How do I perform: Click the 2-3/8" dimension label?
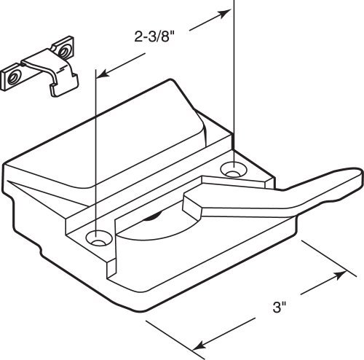pyautogui.click(x=154, y=37)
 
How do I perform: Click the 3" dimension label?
pyautogui.click(x=280, y=307)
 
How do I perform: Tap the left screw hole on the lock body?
pyautogui.click(x=99, y=238)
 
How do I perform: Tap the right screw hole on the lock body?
pyautogui.click(x=234, y=169)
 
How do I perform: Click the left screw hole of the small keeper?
pyautogui.click(x=12, y=78)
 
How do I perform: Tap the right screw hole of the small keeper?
pyautogui.click(x=63, y=52)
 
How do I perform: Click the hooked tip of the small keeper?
pyautogui.click(x=63, y=85)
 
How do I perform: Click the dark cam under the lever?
pyautogui.click(x=154, y=216)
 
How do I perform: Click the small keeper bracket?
pyautogui.click(x=39, y=66)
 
